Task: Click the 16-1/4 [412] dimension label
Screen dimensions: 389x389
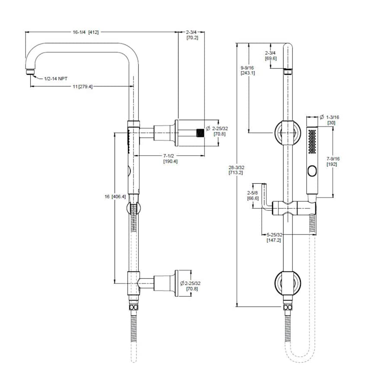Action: (86, 32)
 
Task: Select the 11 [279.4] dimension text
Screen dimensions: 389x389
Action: (82, 86)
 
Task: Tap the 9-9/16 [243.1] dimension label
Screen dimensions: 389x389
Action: (248, 70)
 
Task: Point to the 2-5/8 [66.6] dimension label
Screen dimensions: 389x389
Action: (253, 195)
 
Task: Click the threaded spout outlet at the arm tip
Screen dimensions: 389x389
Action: (30, 72)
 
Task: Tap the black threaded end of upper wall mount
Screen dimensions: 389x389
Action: (200, 132)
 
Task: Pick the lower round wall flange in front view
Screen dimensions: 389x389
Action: (287, 284)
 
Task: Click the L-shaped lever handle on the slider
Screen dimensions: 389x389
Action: (265, 199)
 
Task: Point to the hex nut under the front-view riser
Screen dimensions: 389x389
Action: (287, 308)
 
